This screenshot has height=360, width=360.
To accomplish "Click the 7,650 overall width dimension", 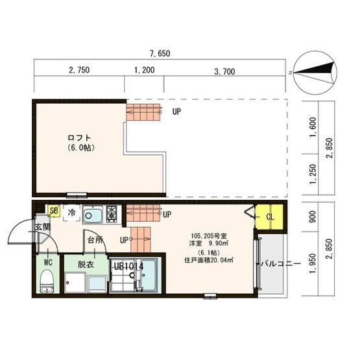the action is [x=160, y=53].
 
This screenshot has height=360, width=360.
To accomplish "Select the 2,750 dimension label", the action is [x=79, y=70].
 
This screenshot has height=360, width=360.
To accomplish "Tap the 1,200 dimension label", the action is [x=145, y=70].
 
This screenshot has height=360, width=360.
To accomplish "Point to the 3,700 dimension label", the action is [x=224, y=71].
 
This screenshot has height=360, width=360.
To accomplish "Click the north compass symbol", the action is [x=315, y=73].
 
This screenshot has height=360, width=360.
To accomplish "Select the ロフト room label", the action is [x=79, y=138].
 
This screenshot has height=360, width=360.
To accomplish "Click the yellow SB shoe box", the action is [x=54, y=211].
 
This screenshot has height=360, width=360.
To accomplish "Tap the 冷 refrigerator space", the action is [x=71, y=213].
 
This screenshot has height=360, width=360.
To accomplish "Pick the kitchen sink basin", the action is [x=93, y=215].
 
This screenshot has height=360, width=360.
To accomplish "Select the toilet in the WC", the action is [x=47, y=282].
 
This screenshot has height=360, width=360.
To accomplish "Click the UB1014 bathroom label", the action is [x=129, y=267].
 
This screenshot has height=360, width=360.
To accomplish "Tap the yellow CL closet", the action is [x=269, y=217].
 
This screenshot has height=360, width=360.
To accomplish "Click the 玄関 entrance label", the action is [x=42, y=227].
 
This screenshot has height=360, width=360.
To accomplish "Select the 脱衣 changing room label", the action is [x=86, y=265].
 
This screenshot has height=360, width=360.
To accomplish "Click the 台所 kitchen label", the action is [x=95, y=240].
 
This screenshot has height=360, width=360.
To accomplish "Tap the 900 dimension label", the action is [x=313, y=217].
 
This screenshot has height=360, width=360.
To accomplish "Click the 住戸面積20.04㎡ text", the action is [x=209, y=260].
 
